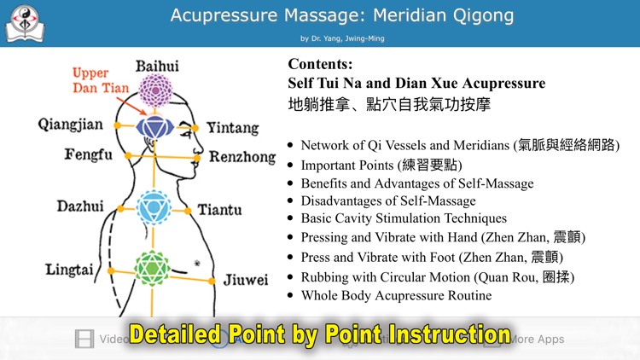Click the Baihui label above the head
pos(157,67)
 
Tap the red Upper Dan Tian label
pos(102,80)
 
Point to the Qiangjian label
pos(71,125)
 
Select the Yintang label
pos(232,128)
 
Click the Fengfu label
pos(88,155)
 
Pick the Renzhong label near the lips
pos(242,157)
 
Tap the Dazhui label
pos(80,206)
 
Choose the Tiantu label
pos(219,210)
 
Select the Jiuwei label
pos(245,280)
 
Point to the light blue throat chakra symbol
pos(154,206)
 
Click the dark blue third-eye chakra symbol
pos(155,128)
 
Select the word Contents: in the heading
pos(320,64)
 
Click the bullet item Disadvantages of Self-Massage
pos(388,200)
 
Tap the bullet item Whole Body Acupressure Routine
pos(396,295)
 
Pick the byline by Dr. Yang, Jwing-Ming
pos(341,38)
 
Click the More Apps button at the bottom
pos(533,339)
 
